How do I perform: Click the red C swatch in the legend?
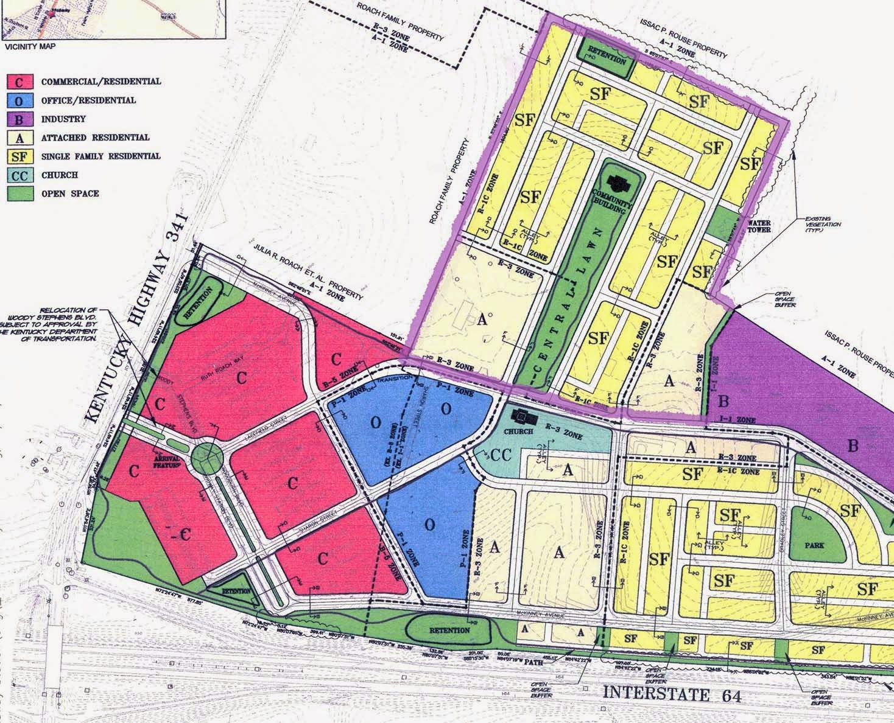tap(19, 82)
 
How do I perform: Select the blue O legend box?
tap(19, 100)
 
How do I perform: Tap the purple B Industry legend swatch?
tap(19, 119)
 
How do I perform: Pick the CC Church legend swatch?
tap(19, 175)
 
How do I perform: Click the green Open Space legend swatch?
tap(19, 194)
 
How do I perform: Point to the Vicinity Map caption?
tap(29, 46)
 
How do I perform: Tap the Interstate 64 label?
tap(672, 694)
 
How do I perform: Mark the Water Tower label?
tap(759, 226)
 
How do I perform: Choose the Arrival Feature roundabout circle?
tap(206, 455)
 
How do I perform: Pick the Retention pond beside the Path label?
tap(449, 630)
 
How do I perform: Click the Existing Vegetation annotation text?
tap(823, 224)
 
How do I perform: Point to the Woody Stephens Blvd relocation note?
tap(52, 327)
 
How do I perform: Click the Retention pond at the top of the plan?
tap(606, 60)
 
